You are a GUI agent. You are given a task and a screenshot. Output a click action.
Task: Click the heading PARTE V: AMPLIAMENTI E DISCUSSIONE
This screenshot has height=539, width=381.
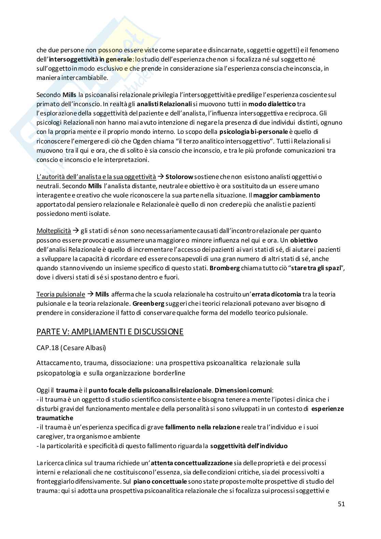[x=110, y=332]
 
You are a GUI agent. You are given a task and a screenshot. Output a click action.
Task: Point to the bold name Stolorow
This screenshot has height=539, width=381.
[x=179, y=177]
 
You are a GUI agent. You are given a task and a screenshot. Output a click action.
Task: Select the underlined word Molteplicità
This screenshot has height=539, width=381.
[x=54, y=231]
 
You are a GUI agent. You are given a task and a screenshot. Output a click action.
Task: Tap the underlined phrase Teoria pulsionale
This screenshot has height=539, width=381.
[x=61, y=294]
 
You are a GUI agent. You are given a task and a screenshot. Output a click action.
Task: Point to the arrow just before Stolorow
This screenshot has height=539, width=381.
[x=160, y=177]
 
